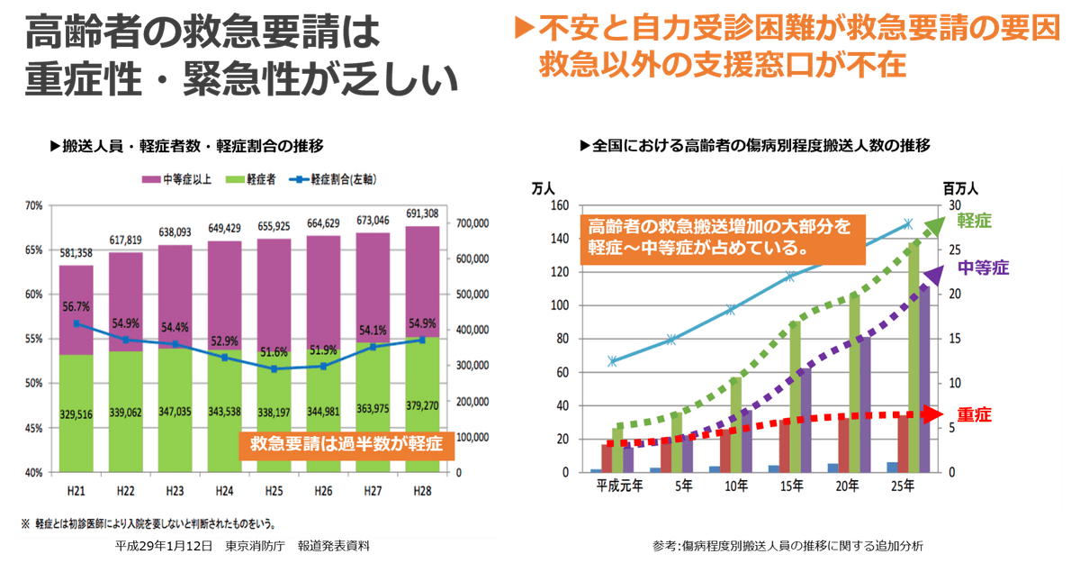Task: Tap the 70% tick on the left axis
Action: click(x=33, y=205)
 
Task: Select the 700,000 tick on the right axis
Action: click(x=473, y=222)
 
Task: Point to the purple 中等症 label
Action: click(x=982, y=268)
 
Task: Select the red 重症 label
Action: click(x=975, y=414)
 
